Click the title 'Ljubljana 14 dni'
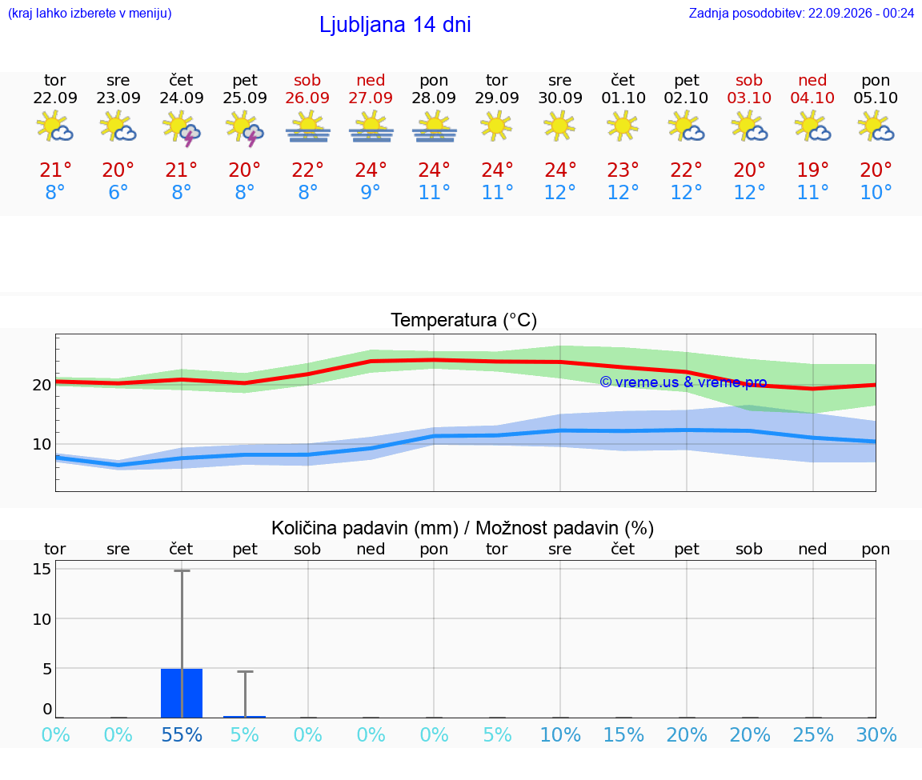[x=395, y=25]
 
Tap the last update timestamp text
[x=801, y=13]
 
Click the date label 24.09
[x=182, y=98]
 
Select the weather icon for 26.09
[x=307, y=126]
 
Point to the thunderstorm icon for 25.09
[x=245, y=127]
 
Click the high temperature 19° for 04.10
[x=812, y=170]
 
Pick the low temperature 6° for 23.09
[x=118, y=192]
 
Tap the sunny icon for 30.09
[x=559, y=126]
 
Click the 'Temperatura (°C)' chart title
[x=464, y=320]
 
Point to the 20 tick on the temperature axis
[x=42, y=385]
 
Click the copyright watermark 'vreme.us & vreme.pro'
[x=683, y=382]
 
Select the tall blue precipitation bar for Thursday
[x=182, y=693]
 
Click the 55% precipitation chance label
[x=182, y=734]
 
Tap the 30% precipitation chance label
[x=876, y=734]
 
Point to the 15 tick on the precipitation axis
[x=42, y=568]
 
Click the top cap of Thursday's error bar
[x=182, y=570]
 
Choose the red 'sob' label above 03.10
[x=749, y=80]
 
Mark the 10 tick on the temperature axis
[x=42, y=444]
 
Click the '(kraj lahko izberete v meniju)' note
[x=90, y=13]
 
